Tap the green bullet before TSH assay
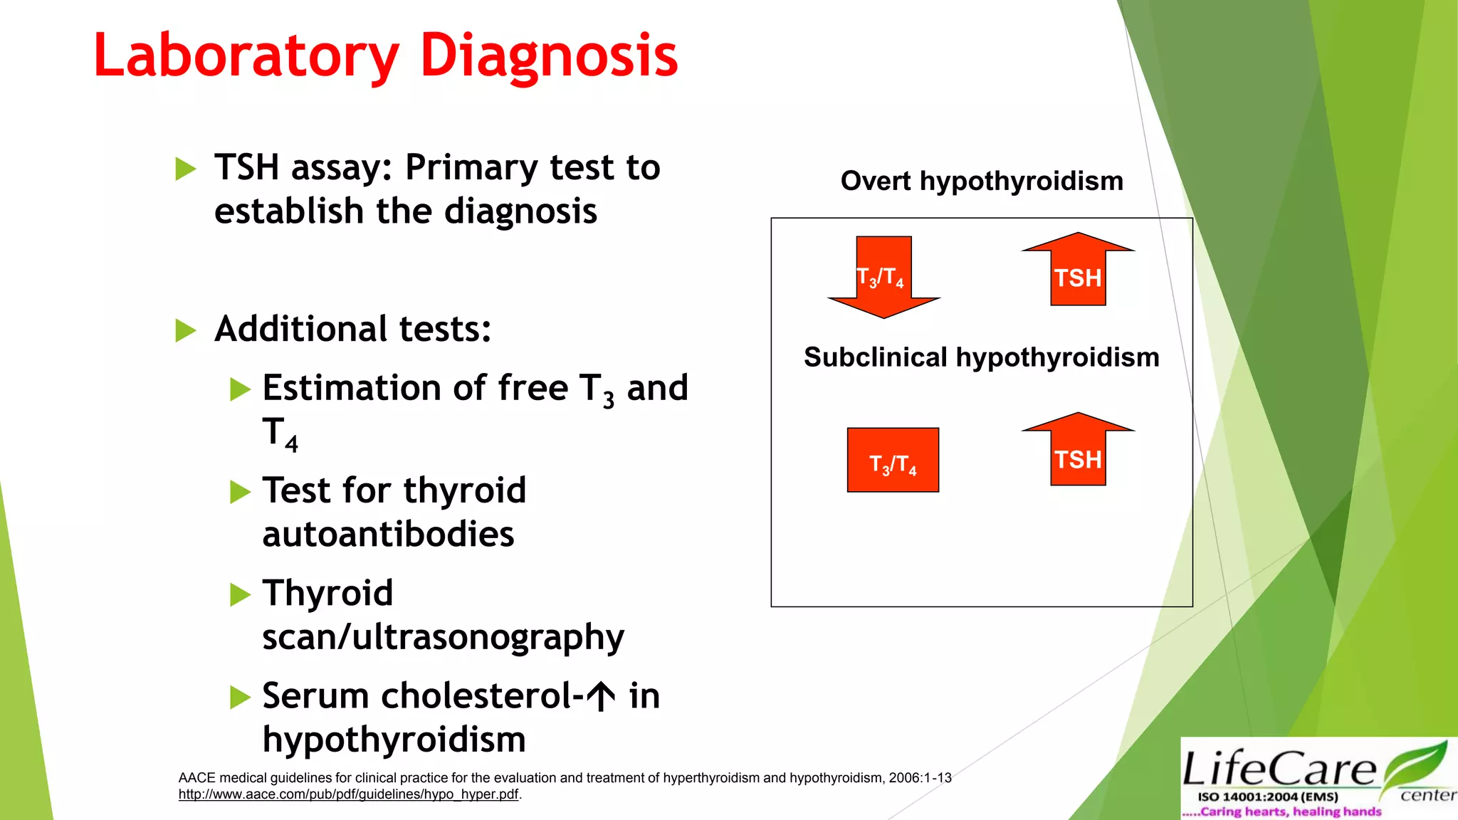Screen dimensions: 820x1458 pyautogui.click(x=185, y=169)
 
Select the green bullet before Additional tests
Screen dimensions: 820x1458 pyautogui.click(x=185, y=330)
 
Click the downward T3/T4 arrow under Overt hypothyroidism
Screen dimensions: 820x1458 pyautogui.click(x=883, y=277)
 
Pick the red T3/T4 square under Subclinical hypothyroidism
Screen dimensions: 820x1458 pyautogui.click(x=893, y=461)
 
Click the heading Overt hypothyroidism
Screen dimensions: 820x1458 pyautogui.click(x=982, y=181)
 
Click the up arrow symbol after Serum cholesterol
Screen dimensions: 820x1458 pyautogui.click(x=602, y=696)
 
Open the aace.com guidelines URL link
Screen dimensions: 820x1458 pyautogui.click(x=348, y=794)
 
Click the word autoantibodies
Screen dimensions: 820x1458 pyautogui.click(x=388, y=535)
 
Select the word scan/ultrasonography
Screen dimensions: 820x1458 pyautogui.click(x=443, y=637)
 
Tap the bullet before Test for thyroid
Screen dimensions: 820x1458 pyautogui.click(x=240, y=492)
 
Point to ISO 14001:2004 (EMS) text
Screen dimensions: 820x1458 pyautogui.click(x=1268, y=797)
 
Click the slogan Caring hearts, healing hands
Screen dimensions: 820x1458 pyautogui.click(x=1289, y=811)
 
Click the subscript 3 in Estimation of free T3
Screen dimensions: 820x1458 pyautogui.click(x=609, y=401)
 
